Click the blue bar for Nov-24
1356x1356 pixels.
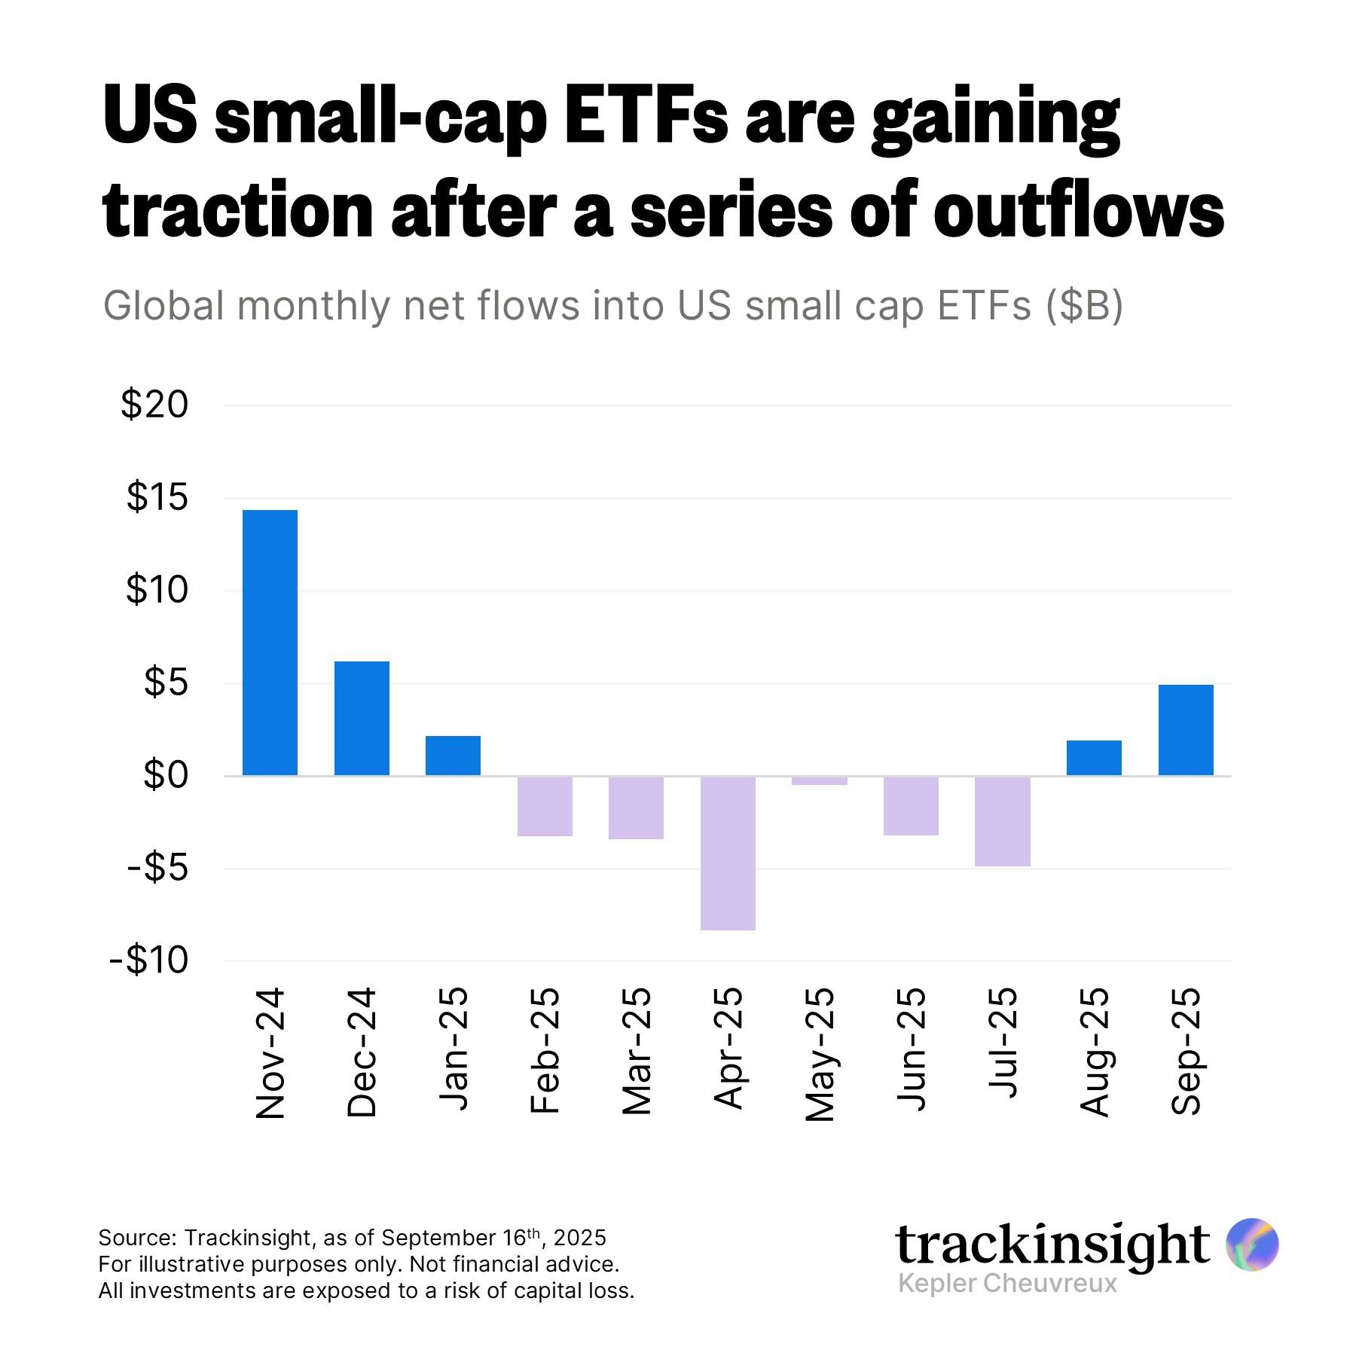tap(270, 643)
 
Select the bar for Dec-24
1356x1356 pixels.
tap(362, 718)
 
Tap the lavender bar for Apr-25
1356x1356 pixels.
tap(728, 853)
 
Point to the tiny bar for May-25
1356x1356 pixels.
tap(820, 780)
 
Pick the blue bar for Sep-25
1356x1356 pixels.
tap(1186, 729)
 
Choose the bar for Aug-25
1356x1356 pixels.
tap(1094, 758)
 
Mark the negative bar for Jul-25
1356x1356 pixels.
tap(1002, 821)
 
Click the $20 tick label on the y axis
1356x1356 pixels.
tap(154, 405)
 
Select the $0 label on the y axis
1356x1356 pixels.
tap(166, 776)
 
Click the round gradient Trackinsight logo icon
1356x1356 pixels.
tap(1252, 1243)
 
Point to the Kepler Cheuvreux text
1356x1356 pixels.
tap(1007, 1283)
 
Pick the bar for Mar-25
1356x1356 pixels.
tap(636, 808)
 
